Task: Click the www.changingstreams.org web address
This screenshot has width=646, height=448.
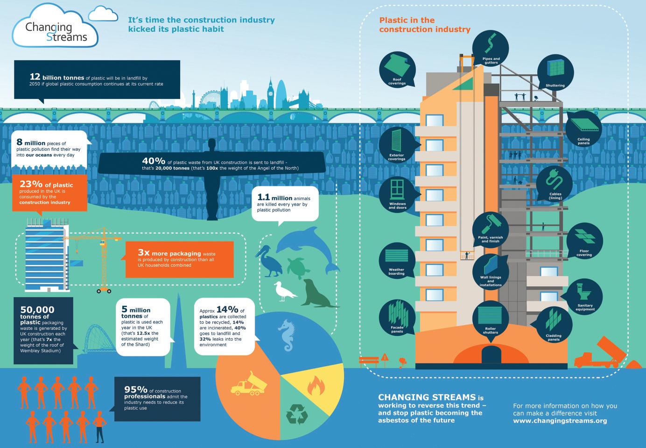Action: [x=560, y=420]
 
